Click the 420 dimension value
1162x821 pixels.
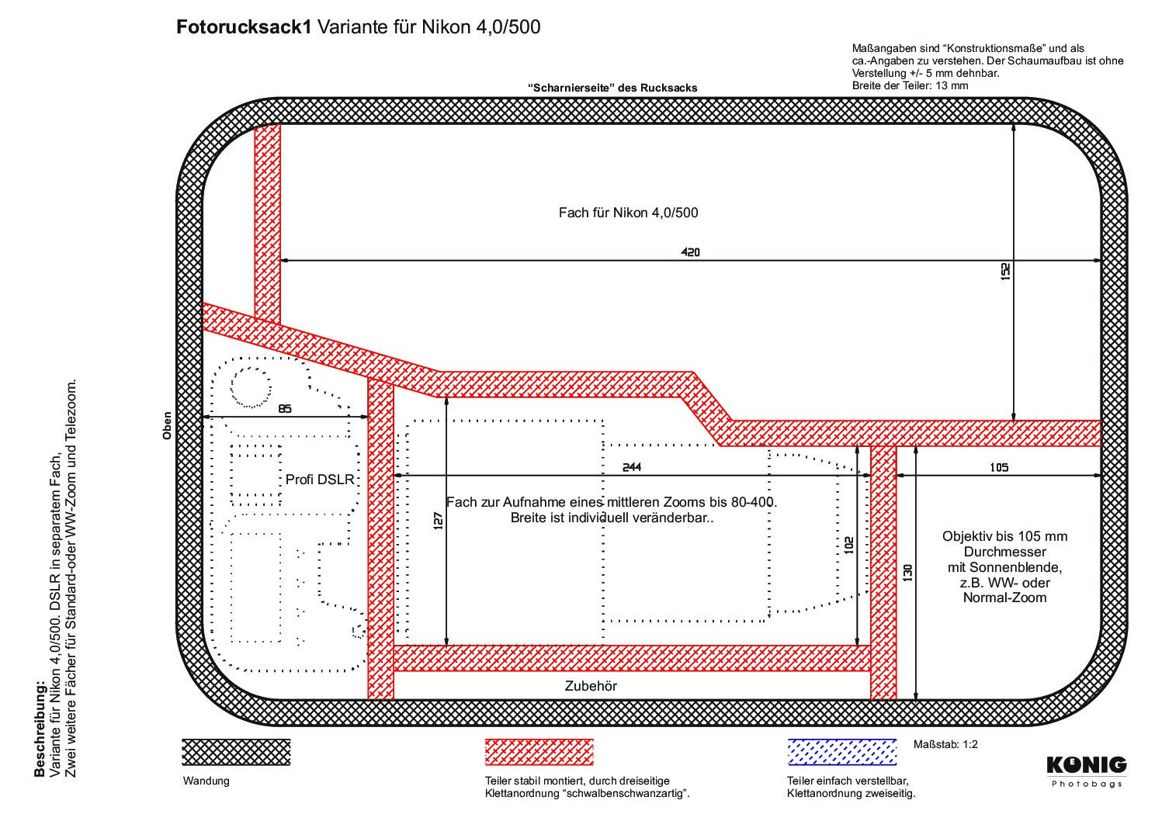(x=690, y=252)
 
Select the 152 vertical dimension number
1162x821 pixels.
(x=1005, y=272)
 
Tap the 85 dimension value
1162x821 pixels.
(x=285, y=409)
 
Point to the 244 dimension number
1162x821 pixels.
(x=632, y=467)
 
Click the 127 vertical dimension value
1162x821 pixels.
(x=439, y=521)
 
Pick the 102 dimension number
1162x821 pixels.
(x=848, y=545)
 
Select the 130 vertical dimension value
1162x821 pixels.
(x=908, y=573)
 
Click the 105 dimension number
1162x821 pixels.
(x=999, y=467)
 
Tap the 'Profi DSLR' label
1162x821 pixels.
(x=320, y=480)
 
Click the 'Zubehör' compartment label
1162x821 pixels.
(x=591, y=686)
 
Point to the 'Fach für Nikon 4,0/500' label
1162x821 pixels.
(x=628, y=213)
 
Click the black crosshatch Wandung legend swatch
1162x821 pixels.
(x=236, y=753)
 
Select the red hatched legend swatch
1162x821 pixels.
(x=539, y=753)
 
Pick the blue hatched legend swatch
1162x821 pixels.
(x=842, y=753)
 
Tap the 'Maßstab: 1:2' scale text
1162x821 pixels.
(x=945, y=745)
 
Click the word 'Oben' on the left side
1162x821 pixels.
(x=167, y=426)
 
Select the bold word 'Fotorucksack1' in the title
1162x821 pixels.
(x=244, y=27)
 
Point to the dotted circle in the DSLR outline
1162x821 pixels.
(x=251, y=387)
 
